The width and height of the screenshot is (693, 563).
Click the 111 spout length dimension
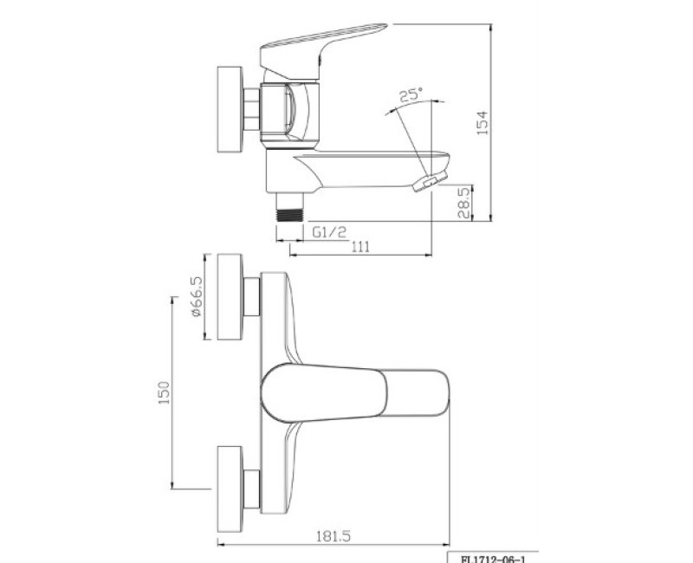360,248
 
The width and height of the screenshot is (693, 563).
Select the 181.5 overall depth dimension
334,536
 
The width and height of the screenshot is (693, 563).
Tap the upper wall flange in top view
230,298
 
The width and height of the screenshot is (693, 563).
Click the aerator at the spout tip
429,181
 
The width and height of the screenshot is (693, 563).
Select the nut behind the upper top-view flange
251,297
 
